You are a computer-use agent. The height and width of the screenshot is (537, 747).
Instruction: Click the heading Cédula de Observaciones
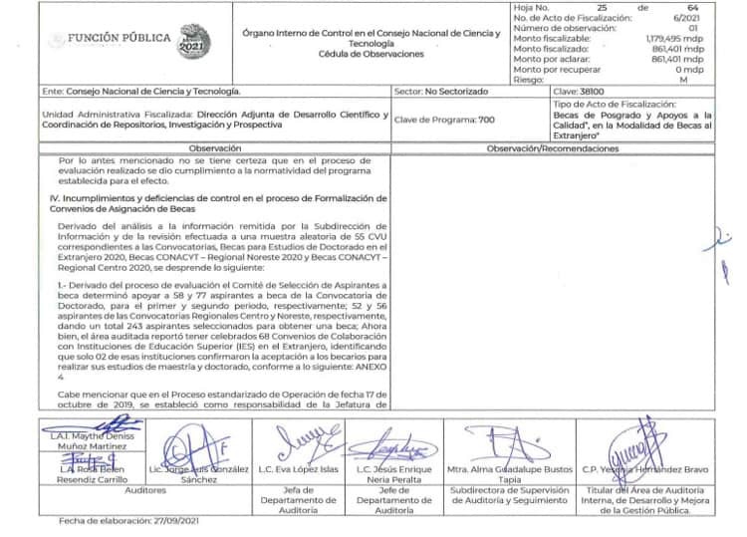(x=372, y=54)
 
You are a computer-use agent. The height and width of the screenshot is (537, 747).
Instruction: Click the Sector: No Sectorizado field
(x=441, y=91)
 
